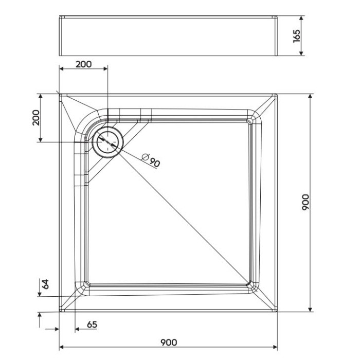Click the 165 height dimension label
pyautogui.click(x=297, y=35)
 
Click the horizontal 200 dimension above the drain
pyautogui.click(x=83, y=64)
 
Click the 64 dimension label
pyautogui.click(x=45, y=283)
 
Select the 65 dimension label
pyautogui.click(x=92, y=325)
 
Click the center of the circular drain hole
pyautogui.click(x=107, y=141)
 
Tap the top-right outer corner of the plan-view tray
pyautogui.click(x=277, y=94)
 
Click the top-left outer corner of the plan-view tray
pyautogui.click(x=60, y=94)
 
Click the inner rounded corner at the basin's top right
pyautogui.click(x=250, y=120)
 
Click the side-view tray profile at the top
pyautogui.click(x=169, y=35)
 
